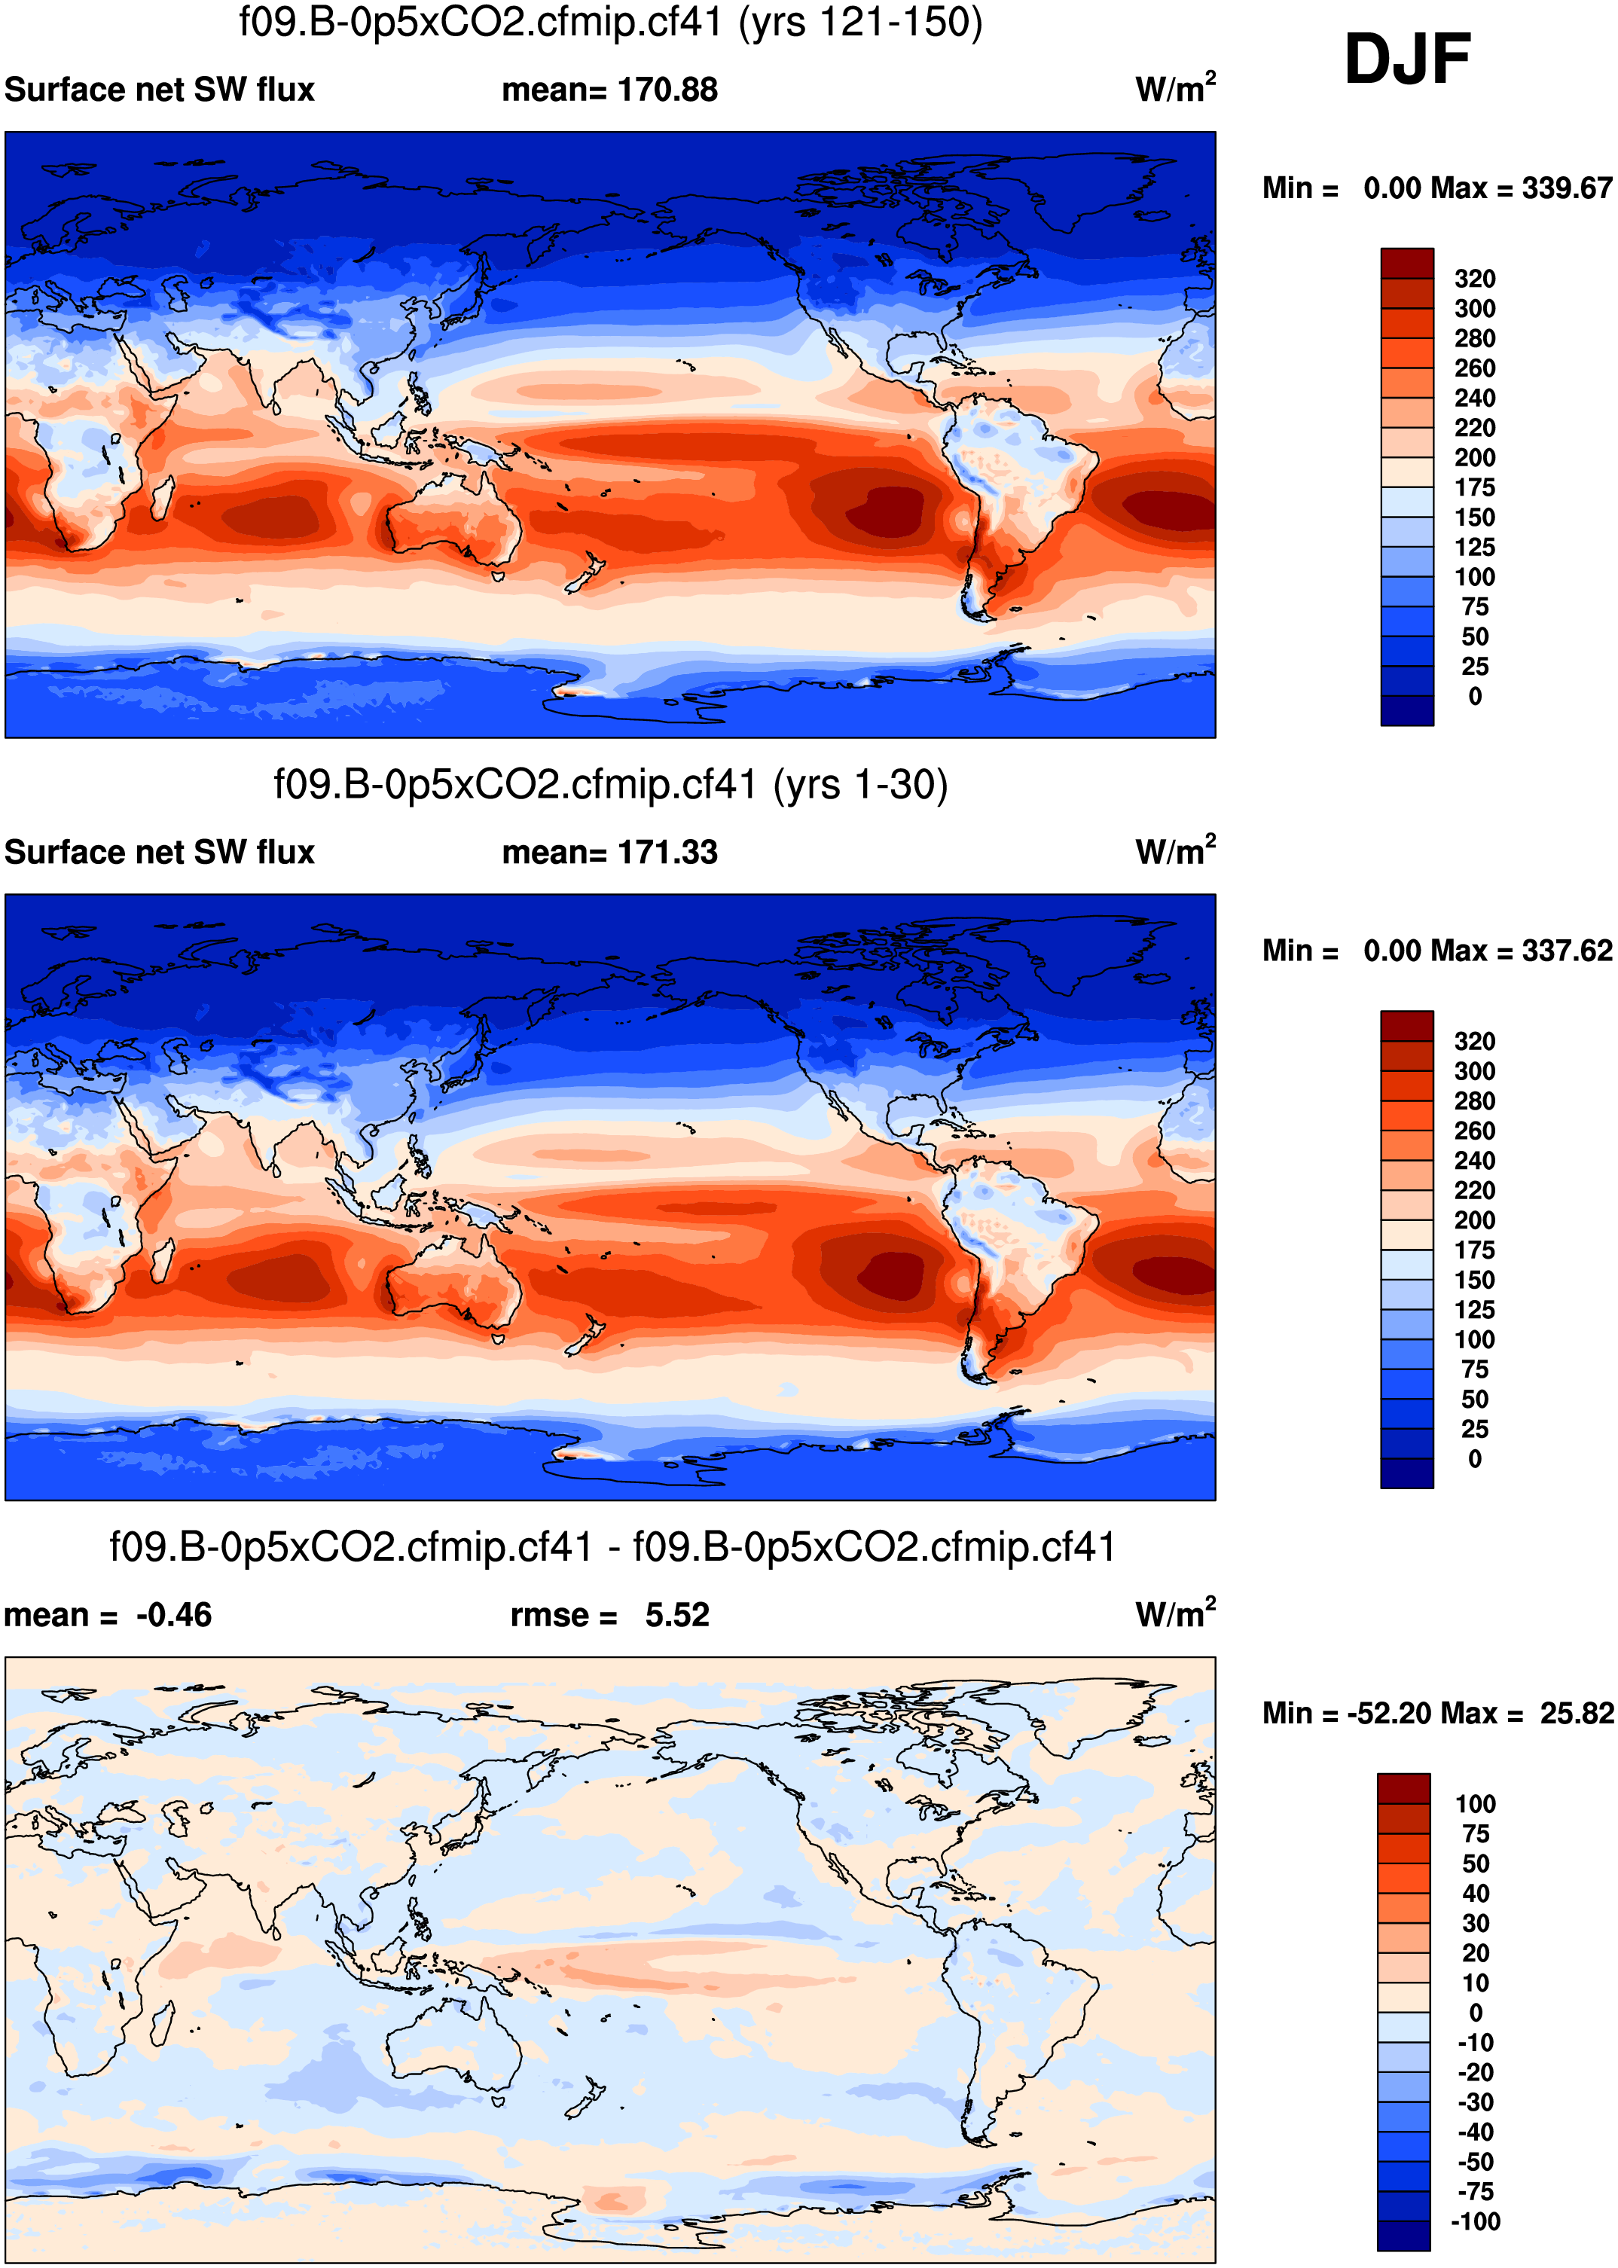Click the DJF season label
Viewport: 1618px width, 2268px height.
point(1407,60)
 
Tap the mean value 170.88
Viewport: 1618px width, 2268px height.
point(667,90)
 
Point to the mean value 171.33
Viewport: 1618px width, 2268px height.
point(667,853)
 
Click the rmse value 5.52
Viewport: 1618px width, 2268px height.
point(676,1615)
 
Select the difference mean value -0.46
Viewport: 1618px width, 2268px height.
point(173,1615)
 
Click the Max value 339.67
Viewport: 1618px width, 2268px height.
point(1566,188)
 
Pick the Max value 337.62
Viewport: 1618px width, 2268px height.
point(1566,951)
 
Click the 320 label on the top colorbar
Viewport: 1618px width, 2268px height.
point(1475,279)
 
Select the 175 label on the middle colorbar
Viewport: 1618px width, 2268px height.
point(1475,1250)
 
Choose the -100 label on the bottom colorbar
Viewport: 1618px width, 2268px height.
point(1475,2221)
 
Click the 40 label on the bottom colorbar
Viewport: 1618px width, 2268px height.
point(1476,1892)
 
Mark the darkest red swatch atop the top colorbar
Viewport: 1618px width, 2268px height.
point(1407,264)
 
